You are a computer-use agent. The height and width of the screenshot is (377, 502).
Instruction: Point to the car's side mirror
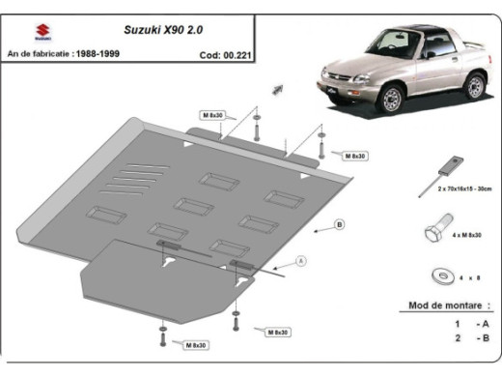(x=429, y=54)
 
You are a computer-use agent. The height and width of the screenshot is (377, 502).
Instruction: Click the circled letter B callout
(x=339, y=225)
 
